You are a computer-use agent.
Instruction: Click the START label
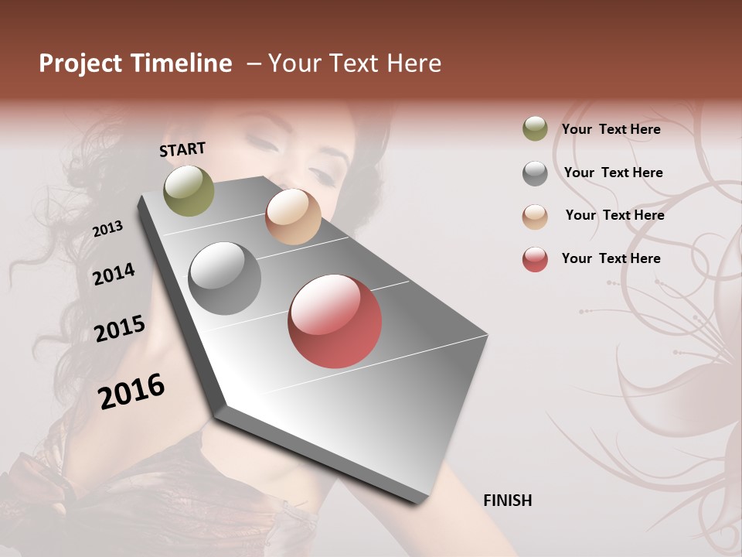pyautogui.click(x=182, y=149)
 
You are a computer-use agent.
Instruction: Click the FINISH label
pyautogui.click(x=507, y=501)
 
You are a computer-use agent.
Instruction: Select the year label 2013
pyautogui.click(x=107, y=229)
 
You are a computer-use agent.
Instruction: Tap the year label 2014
pyautogui.click(x=114, y=274)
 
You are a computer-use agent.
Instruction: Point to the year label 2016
pyautogui.click(x=131, y=391)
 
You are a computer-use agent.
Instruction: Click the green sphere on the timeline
pyautogui.click(x=189, y=190)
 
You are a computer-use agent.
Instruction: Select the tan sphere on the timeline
pyautogui.click(x=293, y=217)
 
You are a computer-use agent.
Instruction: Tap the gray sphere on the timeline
pyautogui.click(x=224, y=278)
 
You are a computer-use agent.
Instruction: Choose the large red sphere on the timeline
pyautogui.click(x=335, y=321)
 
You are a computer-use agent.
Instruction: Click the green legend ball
pyautogui.click(x=535, y=129)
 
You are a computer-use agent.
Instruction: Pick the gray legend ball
pyautogui.click(x=535, y=173)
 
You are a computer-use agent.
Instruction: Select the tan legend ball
pyautogui.click(x=535, y=217)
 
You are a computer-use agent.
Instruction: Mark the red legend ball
pyautogui.click(x=535, y=259)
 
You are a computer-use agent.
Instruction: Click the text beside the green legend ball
pyautogui.click(x=611, y=129)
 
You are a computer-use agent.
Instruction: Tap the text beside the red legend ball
pyautogui.click(x=611, y=258)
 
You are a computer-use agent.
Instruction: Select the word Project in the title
pyautogui.click(x=80, y=63)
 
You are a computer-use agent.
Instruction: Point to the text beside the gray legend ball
pyautogui.click(x=613, y=173)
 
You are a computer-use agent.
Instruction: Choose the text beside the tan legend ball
pyautogui.click(x=614, y=215)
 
